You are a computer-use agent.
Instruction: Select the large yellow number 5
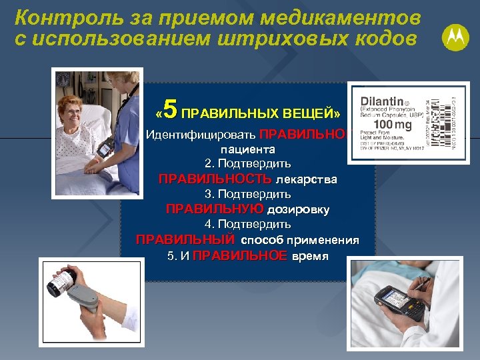point(170,108)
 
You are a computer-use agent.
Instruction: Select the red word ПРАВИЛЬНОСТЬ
point(215,179)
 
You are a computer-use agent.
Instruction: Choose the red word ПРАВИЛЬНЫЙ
point(185,239)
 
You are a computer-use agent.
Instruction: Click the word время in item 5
point(311,255)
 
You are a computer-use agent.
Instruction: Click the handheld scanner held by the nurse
point(106,149)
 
